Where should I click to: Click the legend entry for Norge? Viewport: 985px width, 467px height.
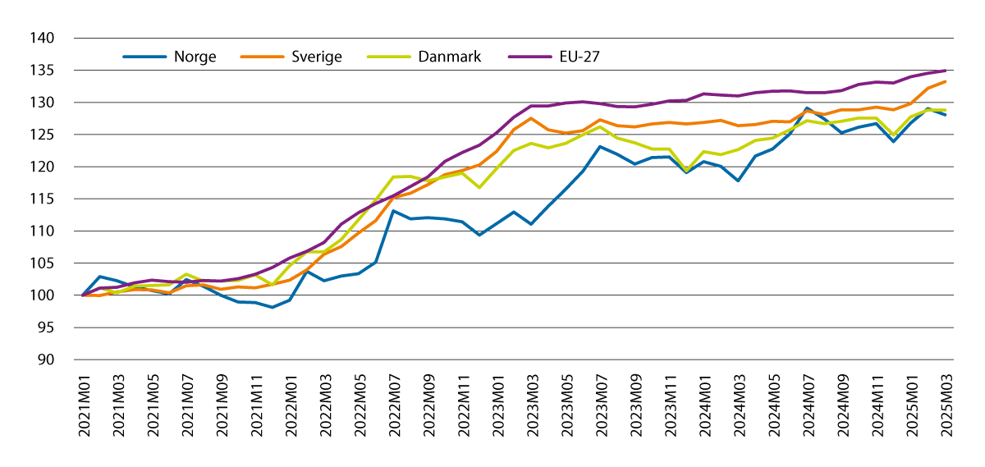(195, 57)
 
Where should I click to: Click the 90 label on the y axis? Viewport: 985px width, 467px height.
(46, 360)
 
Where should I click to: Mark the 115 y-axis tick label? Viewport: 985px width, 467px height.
(43, 199)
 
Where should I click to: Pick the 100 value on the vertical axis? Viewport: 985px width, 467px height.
(43, 295)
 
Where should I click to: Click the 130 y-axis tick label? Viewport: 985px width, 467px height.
(43, 103)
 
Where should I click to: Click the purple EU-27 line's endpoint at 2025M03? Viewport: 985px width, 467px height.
(946, 71)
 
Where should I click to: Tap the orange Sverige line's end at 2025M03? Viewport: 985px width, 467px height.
(946, 81)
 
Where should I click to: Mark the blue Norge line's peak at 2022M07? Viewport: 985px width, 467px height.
(393, 211)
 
